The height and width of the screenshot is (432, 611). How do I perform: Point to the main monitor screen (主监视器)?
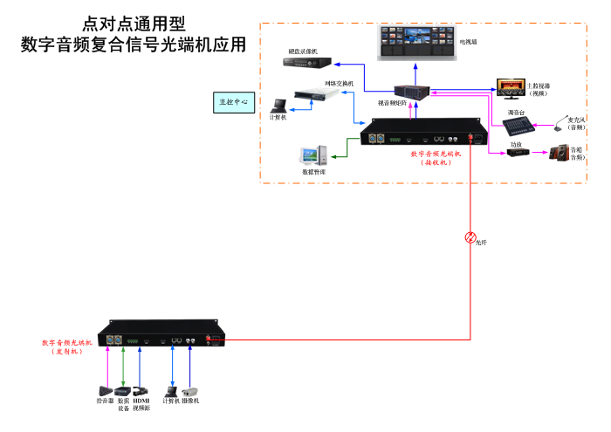pyautogui.click(x=510, y=86)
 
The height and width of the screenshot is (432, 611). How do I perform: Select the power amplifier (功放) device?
pyautogui.click(x=518, y=153)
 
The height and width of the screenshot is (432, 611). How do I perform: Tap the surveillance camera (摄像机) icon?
pyautogui.click(x=191, y=390)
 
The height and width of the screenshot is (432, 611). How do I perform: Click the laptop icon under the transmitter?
pyautogui.click(x=170, y=389)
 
